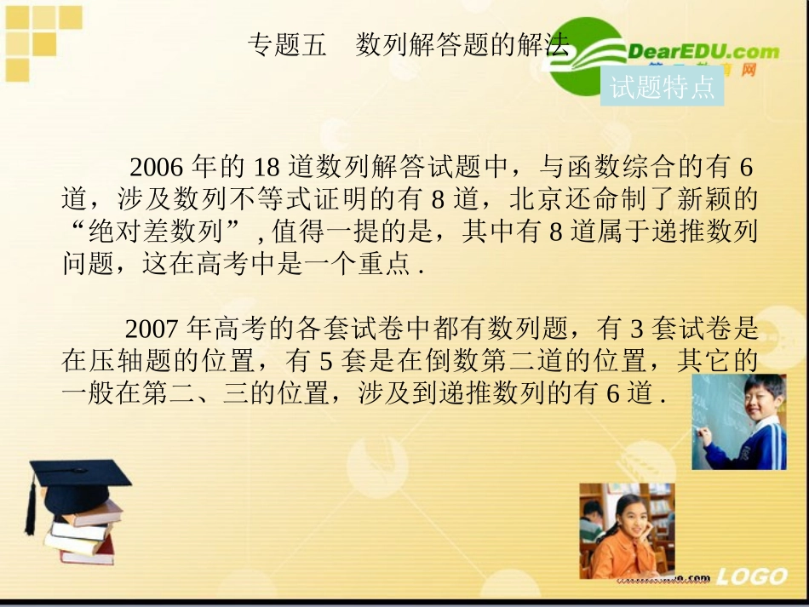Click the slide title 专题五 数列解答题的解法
tap(407, 45)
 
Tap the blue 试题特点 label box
tap(662, 87)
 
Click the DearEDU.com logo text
tap(703, 51)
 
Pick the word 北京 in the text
tap(532, 198)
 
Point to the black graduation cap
tap(77, 478)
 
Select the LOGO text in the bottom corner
tap(751, 577)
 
